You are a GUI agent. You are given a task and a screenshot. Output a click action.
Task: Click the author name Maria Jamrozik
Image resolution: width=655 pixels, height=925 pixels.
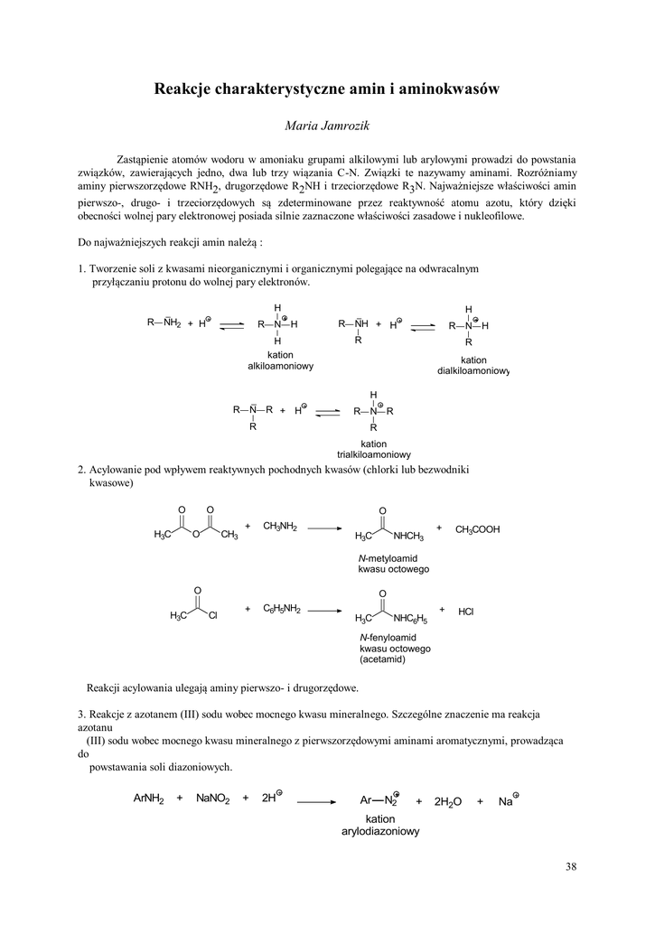coord(327,123)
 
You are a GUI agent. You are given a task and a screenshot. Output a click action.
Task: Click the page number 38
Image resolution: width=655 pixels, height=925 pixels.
coord(570,867)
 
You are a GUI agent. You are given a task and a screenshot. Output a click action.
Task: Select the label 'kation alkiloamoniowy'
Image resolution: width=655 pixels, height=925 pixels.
coord(281,361)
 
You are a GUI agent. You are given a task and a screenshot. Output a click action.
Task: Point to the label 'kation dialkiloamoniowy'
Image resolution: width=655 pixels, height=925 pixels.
coord(473,365)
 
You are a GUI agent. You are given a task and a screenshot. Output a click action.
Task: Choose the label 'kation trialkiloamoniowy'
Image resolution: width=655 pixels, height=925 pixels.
coord(373,449)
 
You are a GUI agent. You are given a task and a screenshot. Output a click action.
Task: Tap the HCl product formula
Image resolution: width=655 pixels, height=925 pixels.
coord(466,612)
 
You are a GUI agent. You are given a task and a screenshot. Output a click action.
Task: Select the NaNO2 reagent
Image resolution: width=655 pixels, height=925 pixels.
coord(213,799)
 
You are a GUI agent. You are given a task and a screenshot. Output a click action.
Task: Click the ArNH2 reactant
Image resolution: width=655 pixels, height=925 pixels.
coord(149,799)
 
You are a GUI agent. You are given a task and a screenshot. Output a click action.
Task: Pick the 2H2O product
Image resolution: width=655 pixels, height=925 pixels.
coord(448,801)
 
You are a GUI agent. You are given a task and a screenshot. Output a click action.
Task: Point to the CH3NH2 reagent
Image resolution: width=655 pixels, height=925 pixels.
coord(280,526)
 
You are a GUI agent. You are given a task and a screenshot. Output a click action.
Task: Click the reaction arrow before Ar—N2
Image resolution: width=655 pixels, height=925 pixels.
coord(316,800)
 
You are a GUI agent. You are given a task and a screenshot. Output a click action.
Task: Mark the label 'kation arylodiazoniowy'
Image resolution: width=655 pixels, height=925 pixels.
coord(380,825)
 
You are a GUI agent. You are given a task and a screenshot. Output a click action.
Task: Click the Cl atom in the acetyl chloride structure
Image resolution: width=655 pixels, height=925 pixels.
coord(214,616)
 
